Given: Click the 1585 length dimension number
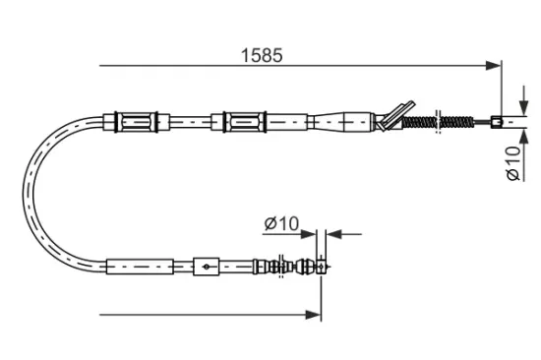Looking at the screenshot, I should [x=264, y=55].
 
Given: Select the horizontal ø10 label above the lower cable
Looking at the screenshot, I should [x=280, y=223].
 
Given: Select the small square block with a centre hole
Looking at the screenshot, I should [x=206, y=265].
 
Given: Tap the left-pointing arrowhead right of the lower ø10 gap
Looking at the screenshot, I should [x=331, y=234].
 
